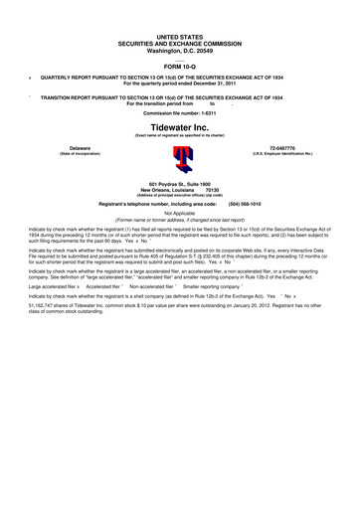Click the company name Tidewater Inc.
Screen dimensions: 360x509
coord(180,128)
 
